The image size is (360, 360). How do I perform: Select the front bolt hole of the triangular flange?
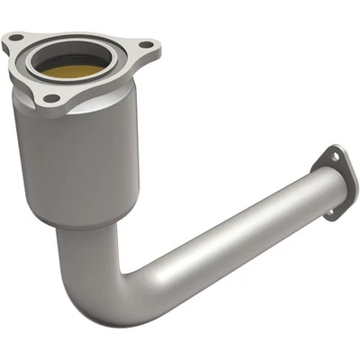click(x=52, y=98)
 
